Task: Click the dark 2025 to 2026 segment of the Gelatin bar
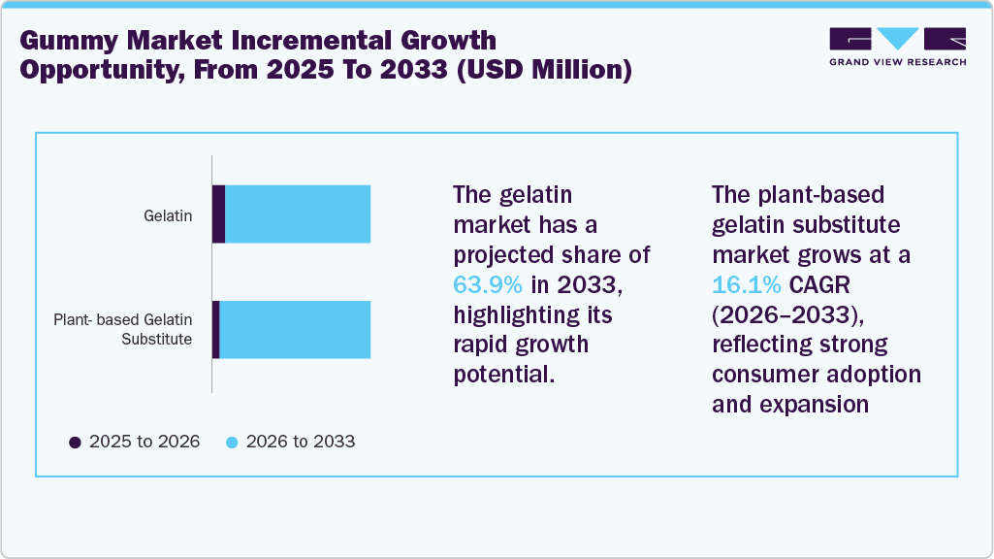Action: tap(218, 214)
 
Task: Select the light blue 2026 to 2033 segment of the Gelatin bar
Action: tap(298, 214)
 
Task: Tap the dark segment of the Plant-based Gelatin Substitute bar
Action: tap(216, 330)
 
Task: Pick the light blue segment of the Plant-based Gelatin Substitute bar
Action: tap(295, 330)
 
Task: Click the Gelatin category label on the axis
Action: tap(167, 214)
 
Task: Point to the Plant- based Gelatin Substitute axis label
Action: tap(122, 329)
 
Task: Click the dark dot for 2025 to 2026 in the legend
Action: tap(75, 443)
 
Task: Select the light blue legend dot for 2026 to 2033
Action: tap(232, 443)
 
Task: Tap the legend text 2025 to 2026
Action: tap(144, 442)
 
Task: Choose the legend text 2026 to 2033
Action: tap(301, 442)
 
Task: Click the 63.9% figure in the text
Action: tap(489, 285)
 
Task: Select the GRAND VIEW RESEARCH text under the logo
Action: tap(897, 61)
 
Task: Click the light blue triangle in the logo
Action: tap(897, 39)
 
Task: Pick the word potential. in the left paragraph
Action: tap(504, 375)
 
